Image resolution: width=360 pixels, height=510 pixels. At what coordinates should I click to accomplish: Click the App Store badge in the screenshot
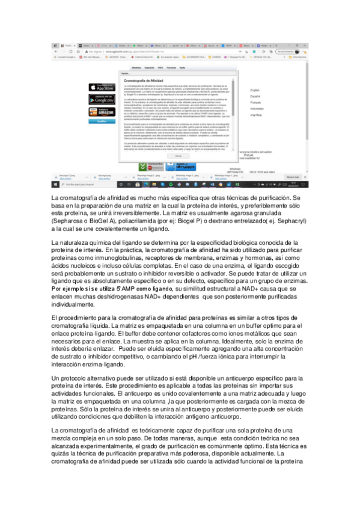point(102,86)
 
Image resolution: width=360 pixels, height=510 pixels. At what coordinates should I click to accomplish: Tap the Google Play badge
point(102,99)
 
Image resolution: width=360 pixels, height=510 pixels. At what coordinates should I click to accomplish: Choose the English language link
point(256,90)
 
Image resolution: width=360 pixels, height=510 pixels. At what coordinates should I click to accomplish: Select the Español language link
point(256,96)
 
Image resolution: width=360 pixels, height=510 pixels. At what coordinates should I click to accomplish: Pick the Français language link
point(257,102)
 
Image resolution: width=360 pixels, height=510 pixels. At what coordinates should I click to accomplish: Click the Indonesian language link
point(258,108)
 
